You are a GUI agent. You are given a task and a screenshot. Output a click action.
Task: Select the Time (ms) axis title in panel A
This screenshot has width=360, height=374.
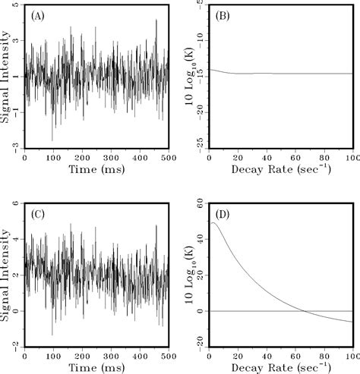96,171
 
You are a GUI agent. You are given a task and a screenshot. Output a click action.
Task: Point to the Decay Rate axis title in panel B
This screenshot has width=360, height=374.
281,171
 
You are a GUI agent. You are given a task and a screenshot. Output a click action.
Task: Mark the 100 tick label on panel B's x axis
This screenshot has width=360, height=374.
352,158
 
